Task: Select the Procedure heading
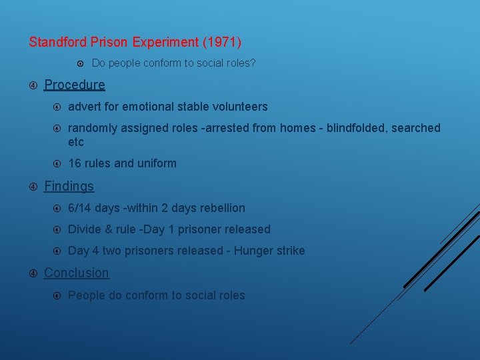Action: coord(74,85)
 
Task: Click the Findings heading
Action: coord(69,186)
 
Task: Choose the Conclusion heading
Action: coord(76,273)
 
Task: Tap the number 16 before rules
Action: coord(75,163)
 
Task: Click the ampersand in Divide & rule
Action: coord(107,229)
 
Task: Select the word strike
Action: coord(290,251)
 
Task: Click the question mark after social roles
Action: coord(253,63)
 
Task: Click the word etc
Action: coord(75,142)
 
